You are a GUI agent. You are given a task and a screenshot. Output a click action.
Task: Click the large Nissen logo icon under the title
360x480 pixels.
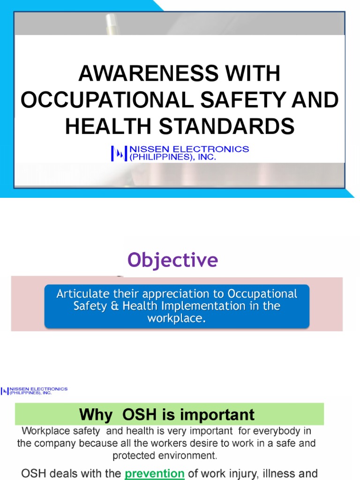click(x=118, y=153)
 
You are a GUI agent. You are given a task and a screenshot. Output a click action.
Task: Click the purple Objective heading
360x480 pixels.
click(x=173, y=260)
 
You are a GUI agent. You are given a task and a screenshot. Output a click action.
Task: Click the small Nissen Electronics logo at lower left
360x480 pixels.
click(x=34, y=390)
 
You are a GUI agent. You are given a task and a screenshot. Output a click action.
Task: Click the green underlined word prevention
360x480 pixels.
click(x=154, y=473)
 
